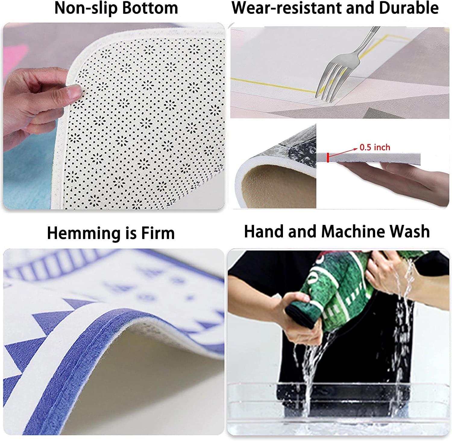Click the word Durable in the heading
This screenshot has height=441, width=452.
(x=409, y=8)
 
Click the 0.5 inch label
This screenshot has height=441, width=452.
(x=375, y=147)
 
